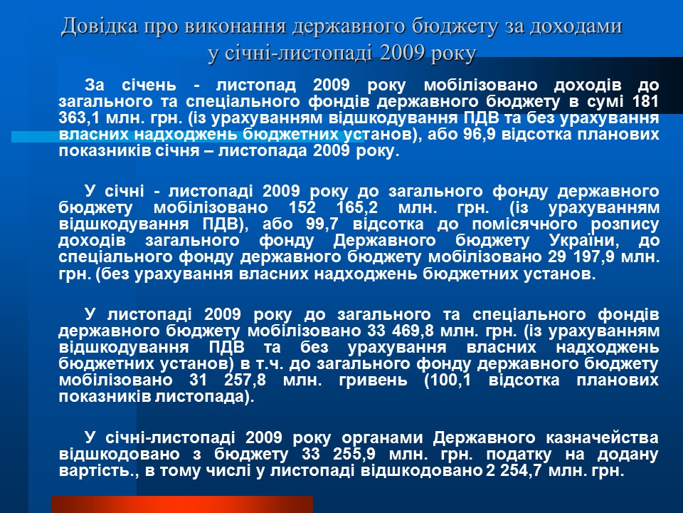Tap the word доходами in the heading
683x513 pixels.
tap(576, 26)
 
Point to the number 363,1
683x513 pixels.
tap(80, 118)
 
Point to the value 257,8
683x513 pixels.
tap(245, 380)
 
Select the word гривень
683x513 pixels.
tap(374, 380)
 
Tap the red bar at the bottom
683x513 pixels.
tap(182, 504)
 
